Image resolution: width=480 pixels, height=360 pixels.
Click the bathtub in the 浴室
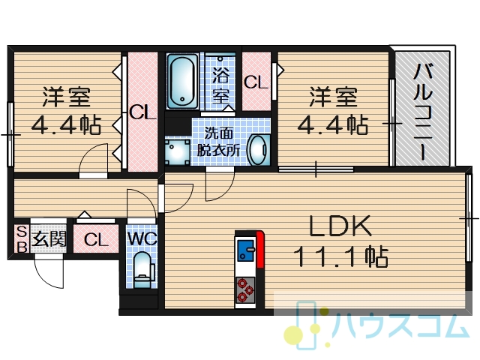coord(182,81)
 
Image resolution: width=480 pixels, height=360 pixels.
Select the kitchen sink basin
coord(245,250)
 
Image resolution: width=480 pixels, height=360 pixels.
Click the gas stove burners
coord(245,289)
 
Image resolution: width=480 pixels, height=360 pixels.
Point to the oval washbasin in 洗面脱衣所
coord(258,150)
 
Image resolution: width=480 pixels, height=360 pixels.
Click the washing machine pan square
coord(177,152)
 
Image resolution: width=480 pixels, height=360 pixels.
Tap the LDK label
coord(340,226)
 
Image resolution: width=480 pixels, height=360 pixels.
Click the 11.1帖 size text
coord(341,256)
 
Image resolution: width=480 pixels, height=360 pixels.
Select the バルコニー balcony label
coord(423,112)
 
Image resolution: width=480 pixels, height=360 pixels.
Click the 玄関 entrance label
coord(49,238)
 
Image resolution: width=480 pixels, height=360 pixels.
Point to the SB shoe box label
coord(22,238)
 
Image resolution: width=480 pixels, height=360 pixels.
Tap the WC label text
coord(142,238)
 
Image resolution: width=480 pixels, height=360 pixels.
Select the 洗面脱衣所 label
coord(218,142)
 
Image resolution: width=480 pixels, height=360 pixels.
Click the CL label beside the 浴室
coord(256,82)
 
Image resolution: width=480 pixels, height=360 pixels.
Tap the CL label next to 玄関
coord(96,240)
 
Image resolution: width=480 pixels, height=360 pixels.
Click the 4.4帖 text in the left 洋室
coord(67,125)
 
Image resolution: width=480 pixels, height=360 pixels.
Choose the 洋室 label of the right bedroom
coord(334,97)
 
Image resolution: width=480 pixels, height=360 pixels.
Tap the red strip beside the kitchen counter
coord(260,249)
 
